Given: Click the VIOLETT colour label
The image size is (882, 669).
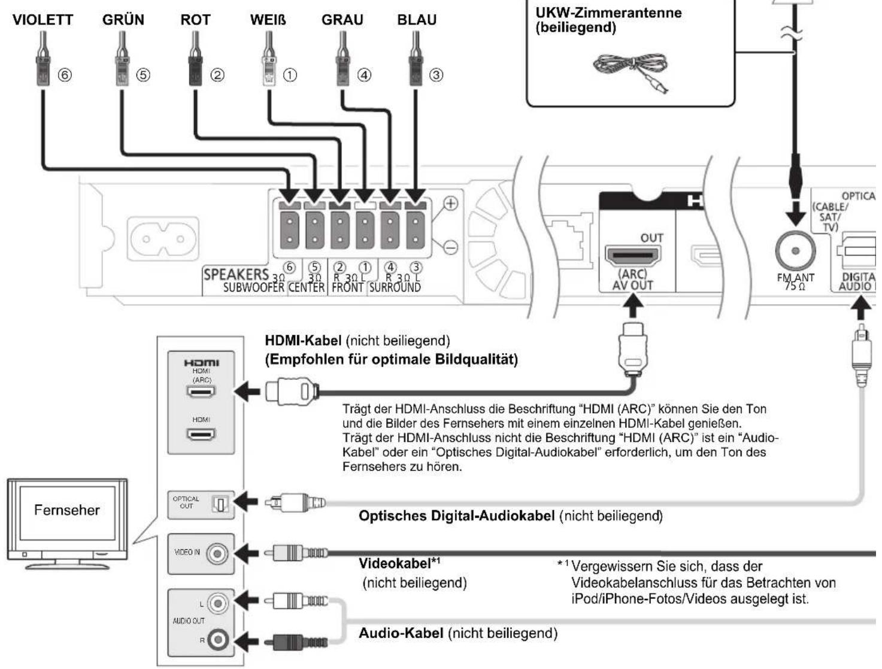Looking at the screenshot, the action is click(x=43, y=20).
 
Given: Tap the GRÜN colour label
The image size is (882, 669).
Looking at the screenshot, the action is click(x=123, y=19).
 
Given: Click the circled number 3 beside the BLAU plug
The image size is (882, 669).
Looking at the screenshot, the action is click(x=437, y=75).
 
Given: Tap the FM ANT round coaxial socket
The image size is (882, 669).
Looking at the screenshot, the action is click(x=795, y=251).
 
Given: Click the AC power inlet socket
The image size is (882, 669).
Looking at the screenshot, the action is click(x=163, y=239).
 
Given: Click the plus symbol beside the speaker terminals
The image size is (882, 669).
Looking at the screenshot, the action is click(x=450, y=203).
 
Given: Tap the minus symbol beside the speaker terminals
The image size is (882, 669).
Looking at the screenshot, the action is click(x=450, y=246).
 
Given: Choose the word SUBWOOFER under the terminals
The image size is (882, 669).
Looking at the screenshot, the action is click(x=253, y=287).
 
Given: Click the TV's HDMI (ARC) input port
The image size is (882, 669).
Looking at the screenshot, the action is click(x=201, y=391).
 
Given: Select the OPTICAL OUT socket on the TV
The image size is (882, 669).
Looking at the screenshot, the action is click(x=220, y=504).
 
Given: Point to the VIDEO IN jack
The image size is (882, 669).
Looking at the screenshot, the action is click(x=217, y=554).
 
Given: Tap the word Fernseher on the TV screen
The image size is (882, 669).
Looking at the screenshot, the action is click(x=66, y=510).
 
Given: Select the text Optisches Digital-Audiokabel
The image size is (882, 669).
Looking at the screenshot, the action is click(x=456, y=516).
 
